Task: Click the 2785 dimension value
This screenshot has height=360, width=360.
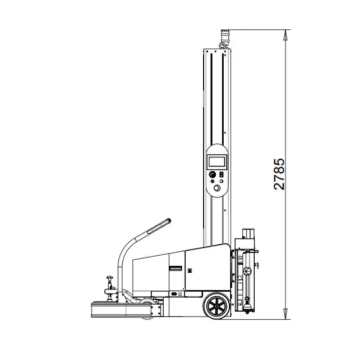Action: point(279,174)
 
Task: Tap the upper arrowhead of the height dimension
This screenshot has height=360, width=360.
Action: point(285,35)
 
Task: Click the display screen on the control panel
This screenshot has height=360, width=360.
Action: point(217,162)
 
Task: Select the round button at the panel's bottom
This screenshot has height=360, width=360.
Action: point(217,188)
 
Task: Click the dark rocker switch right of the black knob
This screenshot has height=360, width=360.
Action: point(221,174)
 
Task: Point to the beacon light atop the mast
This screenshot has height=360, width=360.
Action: point(225,36)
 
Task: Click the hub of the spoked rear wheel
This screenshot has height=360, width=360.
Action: point(217,306)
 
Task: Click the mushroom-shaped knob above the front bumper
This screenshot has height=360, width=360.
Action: point(110,278)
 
